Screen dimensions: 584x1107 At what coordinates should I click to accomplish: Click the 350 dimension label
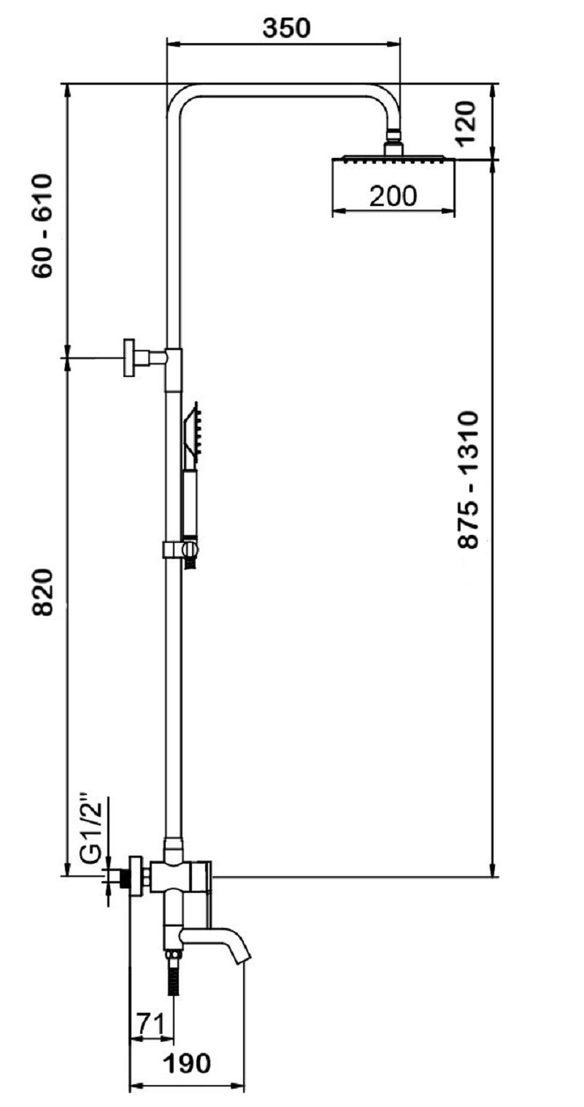pyautogui.click(x=286, y=28)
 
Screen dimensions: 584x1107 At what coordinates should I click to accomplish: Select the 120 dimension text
pyautogui.click(x=466, y=123)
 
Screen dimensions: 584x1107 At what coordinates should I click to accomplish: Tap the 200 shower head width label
pyautogui.click(x=393, y=197)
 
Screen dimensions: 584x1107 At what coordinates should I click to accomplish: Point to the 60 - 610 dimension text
pyautogui.click(x=42, y=225)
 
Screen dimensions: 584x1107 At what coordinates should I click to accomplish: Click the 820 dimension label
pyautogui.click(x=42, y=592)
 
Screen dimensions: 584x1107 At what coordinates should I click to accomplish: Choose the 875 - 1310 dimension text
pyautogui.click(x=468, y=479)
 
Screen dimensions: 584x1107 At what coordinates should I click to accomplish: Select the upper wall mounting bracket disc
pyautogui.click(x=129, y=358)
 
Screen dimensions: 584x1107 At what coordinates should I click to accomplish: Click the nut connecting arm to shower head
pyautogui.click(x=393, y=134)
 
